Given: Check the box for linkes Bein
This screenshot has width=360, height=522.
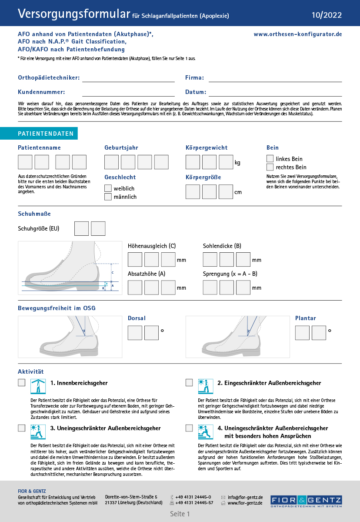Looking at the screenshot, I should [x=270, y=159].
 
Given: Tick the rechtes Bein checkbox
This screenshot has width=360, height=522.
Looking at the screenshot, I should [x=270, y=167].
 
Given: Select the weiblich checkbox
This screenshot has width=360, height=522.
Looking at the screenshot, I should [x=108, y=188].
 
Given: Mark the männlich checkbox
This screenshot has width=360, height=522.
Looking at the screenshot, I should [x=108, y=197].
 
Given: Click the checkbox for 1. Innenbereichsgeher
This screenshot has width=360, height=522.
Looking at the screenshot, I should [x=21, y=383].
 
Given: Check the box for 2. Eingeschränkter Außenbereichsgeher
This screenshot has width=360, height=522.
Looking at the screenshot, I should [x=189, y=383].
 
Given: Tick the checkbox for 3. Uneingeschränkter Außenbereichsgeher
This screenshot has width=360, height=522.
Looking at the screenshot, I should [x=21, y=428].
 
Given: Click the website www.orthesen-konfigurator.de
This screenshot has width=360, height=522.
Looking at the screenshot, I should [x=298, y=34].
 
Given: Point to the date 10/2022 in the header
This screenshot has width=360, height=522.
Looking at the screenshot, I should [x=327, y=15].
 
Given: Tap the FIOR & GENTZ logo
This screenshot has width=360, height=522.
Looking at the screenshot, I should [x=306, y=501].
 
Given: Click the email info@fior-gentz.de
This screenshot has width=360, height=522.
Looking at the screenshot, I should [x=245, y=497].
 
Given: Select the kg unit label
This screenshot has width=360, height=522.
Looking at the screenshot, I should [x=237, y=163].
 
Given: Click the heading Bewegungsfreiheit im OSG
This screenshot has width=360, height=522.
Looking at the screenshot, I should [x=57, y=308].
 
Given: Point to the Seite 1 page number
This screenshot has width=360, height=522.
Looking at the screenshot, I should [x=180, y=514].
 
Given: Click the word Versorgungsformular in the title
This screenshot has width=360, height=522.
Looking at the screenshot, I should [x=74, y=14].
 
